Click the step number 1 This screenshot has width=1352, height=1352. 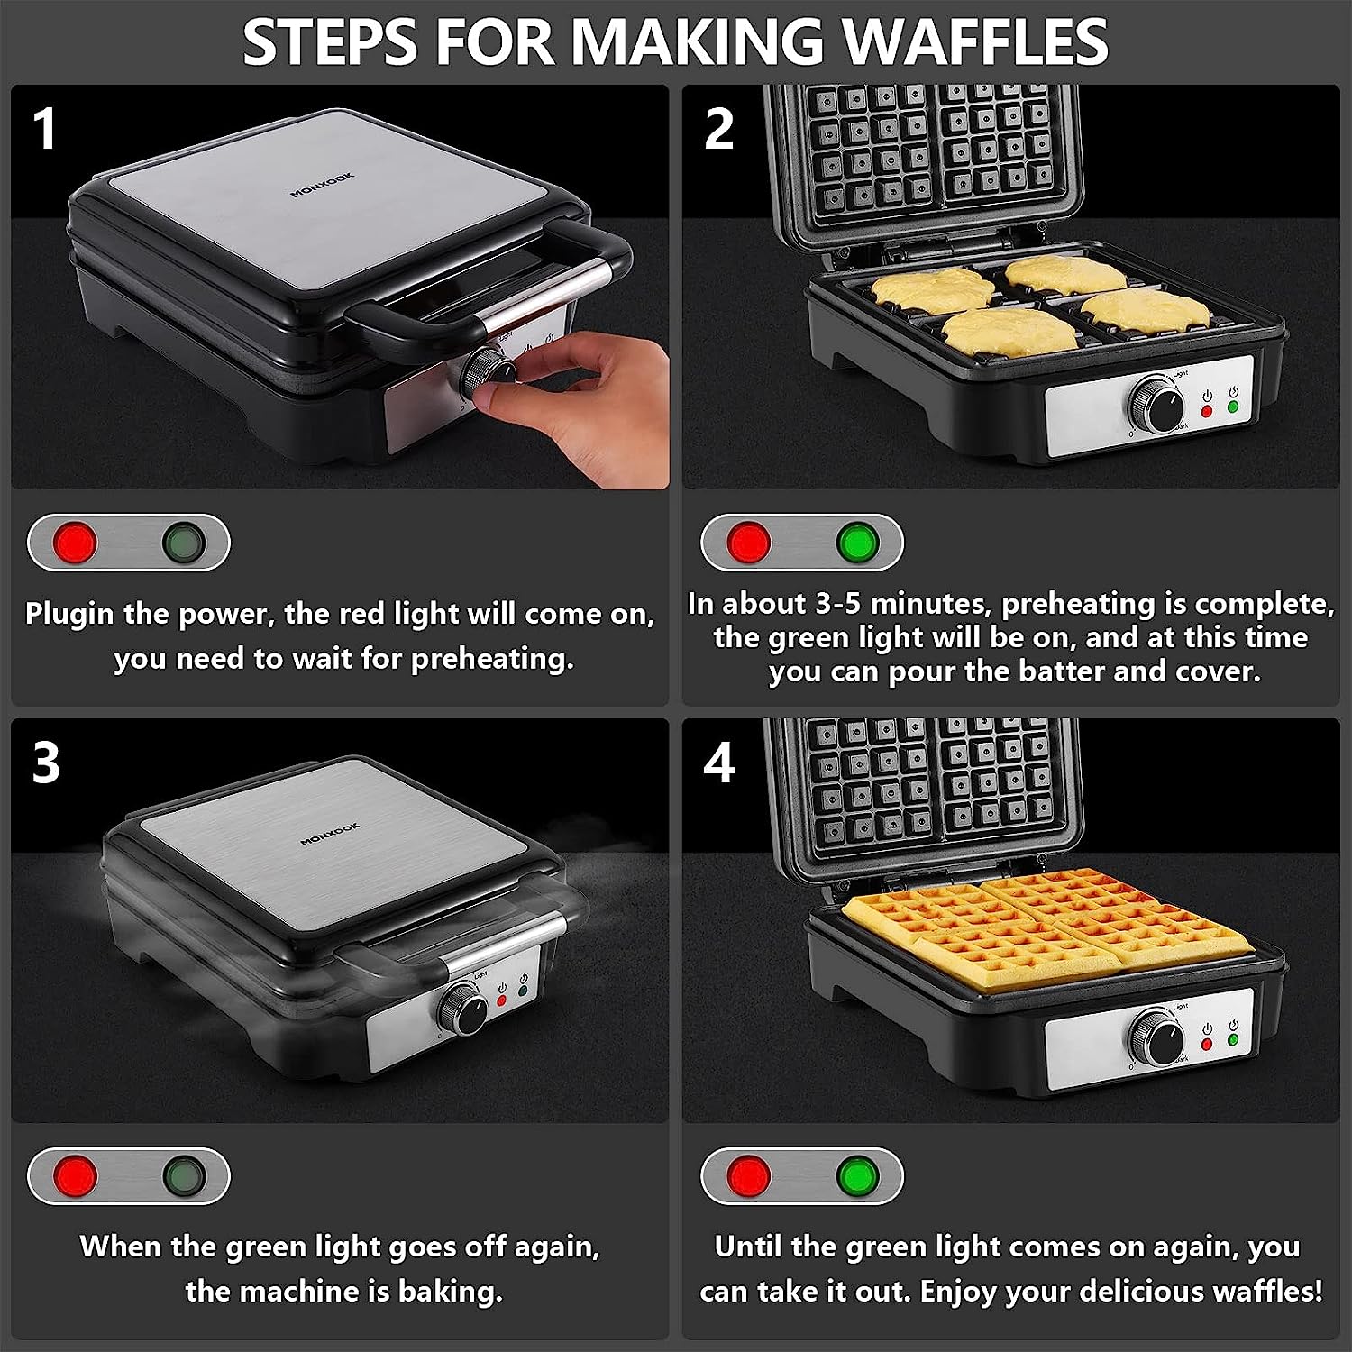click(44, 128)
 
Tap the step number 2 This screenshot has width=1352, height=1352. click(718, 128)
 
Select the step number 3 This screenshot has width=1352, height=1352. click(46, 763)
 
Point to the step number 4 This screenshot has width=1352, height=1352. click(719, 763)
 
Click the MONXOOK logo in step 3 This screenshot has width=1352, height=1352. click(330, 834)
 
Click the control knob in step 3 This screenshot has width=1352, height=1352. click(463, 1009)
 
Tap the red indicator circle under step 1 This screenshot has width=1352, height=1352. click(75, 543)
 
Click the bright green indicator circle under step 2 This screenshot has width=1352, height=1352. click(857, 543)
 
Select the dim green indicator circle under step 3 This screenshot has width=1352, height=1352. click(184, 1176)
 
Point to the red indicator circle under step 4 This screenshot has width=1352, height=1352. click(749, 1176)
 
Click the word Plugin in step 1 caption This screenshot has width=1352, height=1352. click(70, 615)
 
